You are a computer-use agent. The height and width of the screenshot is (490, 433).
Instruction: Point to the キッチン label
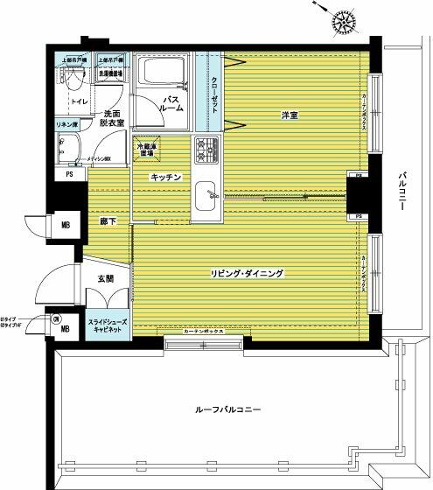pyautogui.click(x=166, y=177)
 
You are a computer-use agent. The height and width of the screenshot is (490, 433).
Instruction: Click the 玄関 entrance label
pyautogui.click(x=106, y=278)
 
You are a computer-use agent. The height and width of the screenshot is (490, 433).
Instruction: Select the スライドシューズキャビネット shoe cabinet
pyautogui.click(x=108, y=327)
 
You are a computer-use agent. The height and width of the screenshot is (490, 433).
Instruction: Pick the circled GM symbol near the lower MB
pyautogui.click(x=55, y=318)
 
